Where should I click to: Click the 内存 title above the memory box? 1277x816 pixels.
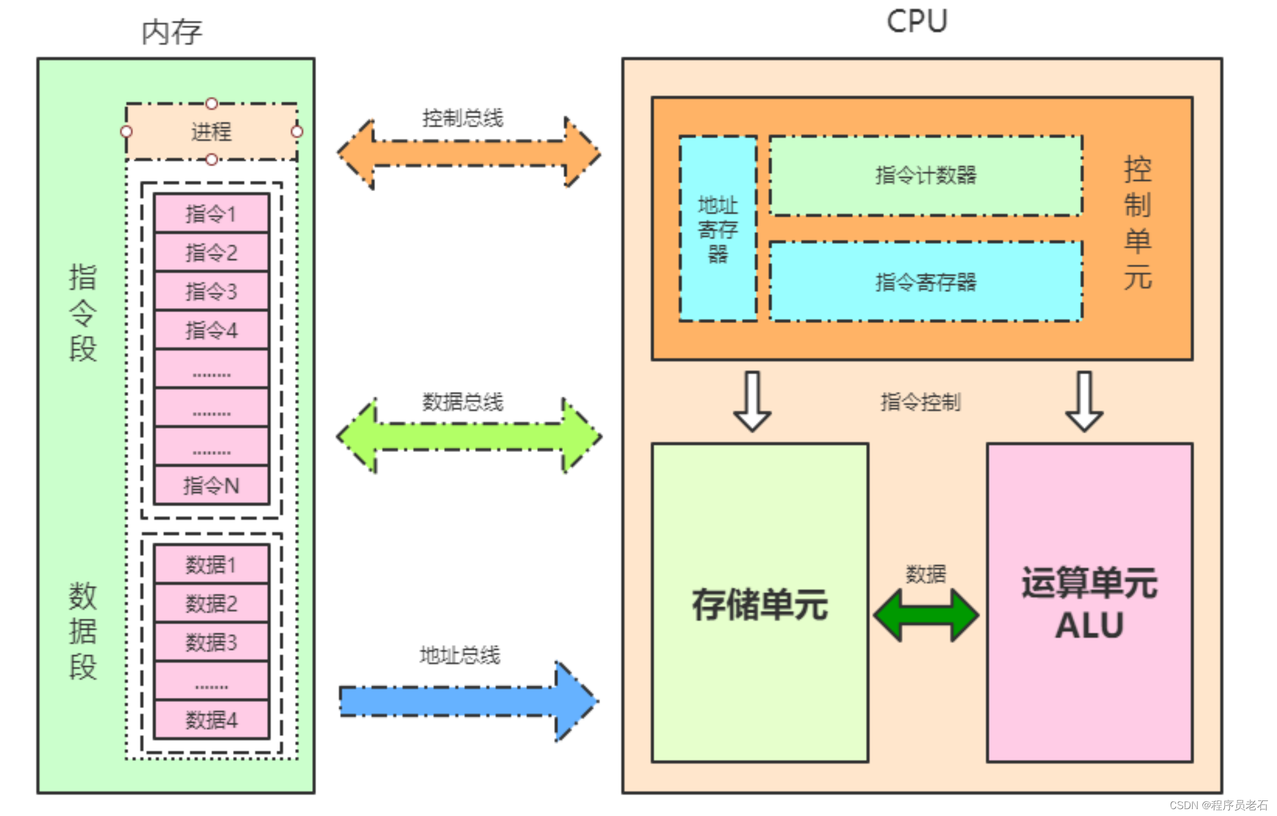[172, 32]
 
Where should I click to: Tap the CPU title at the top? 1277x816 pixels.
[916, 22]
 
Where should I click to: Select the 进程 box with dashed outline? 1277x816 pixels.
[211, 132]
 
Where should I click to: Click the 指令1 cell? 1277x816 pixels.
[211, 213]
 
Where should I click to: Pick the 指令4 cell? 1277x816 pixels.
[211, 330]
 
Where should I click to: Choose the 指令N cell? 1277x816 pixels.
[211, 485]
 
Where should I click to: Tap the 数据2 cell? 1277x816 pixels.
[211, 603]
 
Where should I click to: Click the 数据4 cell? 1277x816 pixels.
[211, 720]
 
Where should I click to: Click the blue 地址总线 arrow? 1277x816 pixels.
[468, 701]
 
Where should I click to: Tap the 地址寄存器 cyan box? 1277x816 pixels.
[717, 229]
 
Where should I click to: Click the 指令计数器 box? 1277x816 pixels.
[925, 176]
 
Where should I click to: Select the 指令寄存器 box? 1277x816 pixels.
[925, 282]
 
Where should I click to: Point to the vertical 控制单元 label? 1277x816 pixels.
[1137, 223]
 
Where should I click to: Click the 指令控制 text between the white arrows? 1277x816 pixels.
[920, 402]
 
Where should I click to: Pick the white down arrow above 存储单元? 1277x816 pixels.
[752, 402]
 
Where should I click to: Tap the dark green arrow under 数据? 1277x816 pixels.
[925, 615]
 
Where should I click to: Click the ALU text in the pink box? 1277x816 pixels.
[1089, 625]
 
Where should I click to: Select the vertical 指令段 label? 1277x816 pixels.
[83, 313]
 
